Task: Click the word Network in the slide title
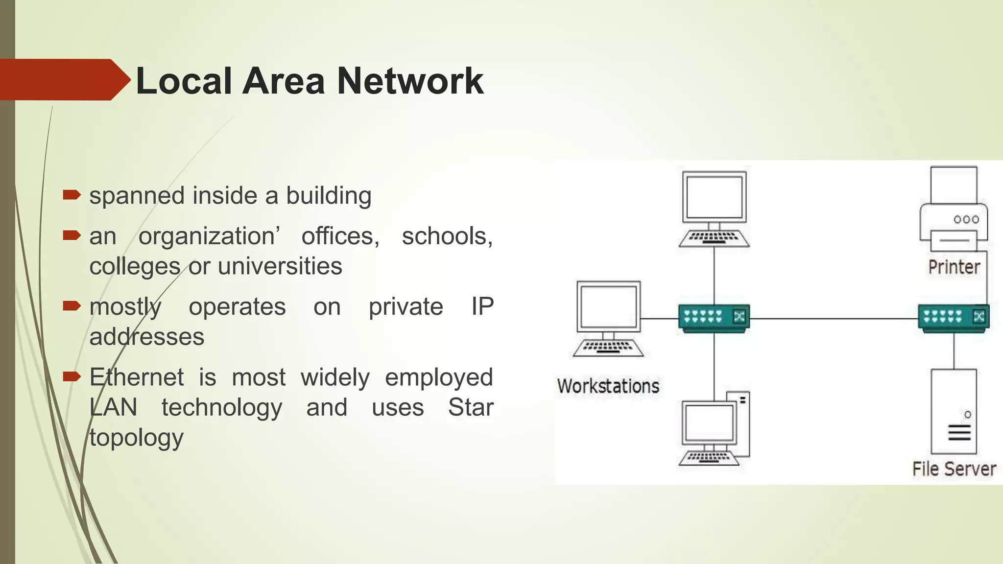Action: click(410, 81)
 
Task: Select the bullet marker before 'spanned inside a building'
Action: click(72, 195)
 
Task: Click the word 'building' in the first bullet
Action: click(329, 196)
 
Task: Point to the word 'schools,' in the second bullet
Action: click(447, 236)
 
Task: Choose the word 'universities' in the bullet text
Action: click(280, 266)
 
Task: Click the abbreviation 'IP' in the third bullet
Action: click(482, 307)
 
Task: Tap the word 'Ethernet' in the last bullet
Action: click(137, 377)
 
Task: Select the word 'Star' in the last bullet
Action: click(471, 407)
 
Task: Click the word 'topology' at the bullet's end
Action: click(137, 438)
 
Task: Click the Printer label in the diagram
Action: click(954, 267)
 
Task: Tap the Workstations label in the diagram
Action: click(608, 386)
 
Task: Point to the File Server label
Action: click(954, 469)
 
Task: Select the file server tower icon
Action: click(954, 411)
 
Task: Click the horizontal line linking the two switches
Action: click(833, 319)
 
